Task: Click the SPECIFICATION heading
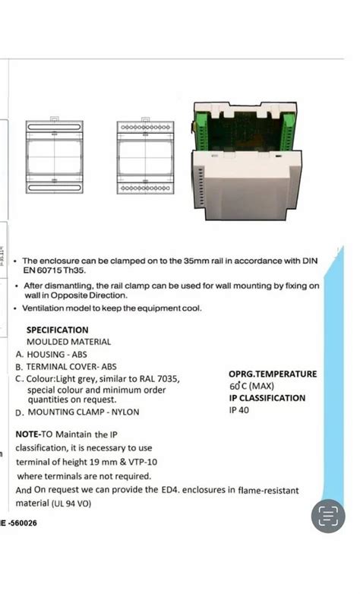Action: (x=57, y=330)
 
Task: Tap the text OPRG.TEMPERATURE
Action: (x=273, y=374)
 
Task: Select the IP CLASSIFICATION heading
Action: (x=267, y=398)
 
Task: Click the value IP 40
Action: (x=238, y=410)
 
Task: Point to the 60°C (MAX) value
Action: (x=251, y=386)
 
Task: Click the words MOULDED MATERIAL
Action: (x=68, y=342)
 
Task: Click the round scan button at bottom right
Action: (x=328, y=517)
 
